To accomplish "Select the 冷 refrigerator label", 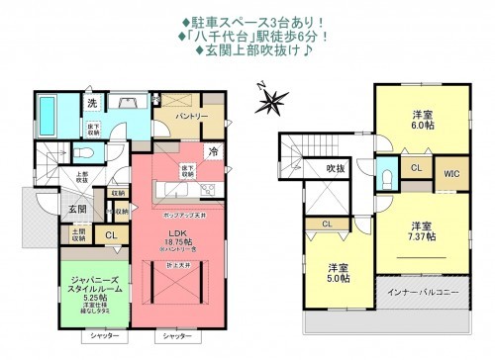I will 213,150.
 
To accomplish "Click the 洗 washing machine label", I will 90,104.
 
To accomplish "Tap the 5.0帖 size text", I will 340,278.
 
